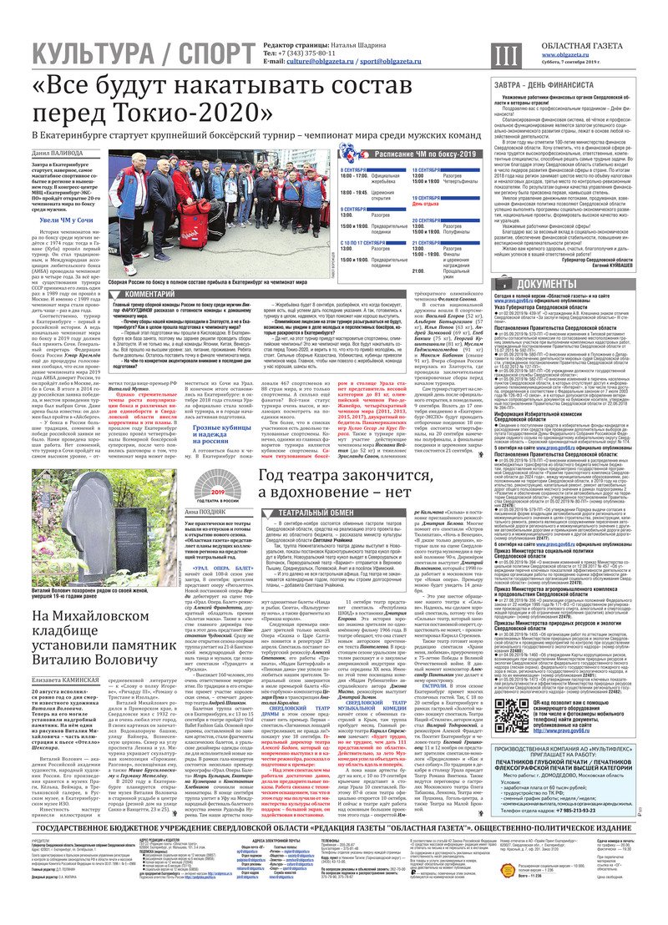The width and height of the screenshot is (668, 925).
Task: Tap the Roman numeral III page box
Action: pos(504,54)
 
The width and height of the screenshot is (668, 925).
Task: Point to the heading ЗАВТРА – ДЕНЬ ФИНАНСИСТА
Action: pos(548,84)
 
